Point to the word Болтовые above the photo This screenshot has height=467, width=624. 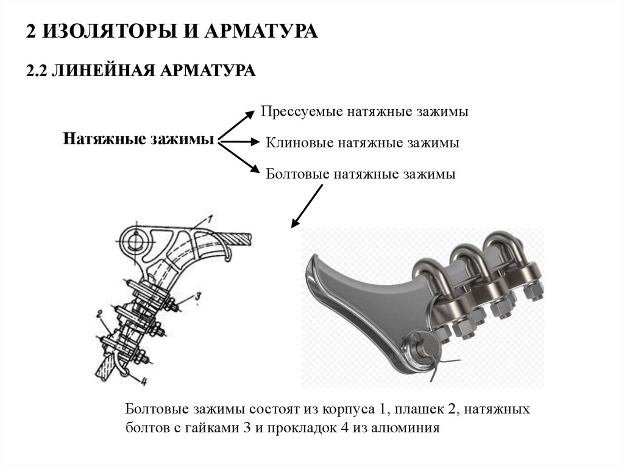pos(297,174)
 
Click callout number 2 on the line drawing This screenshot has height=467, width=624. pos(97,315)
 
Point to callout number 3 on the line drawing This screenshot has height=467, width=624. pos(199,297)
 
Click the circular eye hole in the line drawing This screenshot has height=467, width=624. pos(135,241)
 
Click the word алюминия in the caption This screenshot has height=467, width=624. pos(405,427)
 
